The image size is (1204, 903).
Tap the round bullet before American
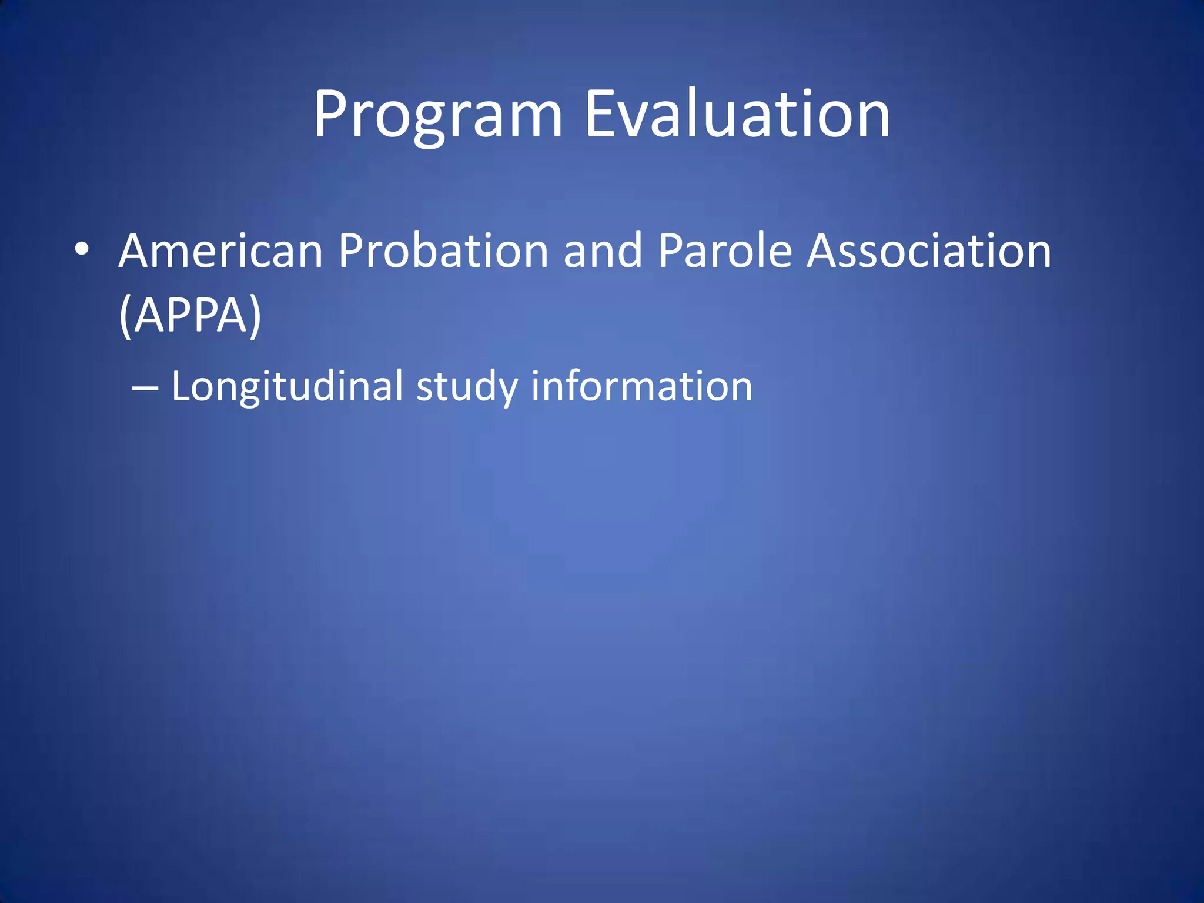pyautogui.click(x=82, y=250)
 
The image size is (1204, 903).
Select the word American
pyautogui.click(x=220, y=251)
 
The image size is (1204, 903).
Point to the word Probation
pyautogui.click(x=443, y=251)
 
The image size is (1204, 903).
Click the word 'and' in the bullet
pyautogui.click(x=603, y=251)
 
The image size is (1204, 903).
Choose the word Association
pyautogui.click(x=929, y=251)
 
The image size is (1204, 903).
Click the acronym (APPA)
pyautogui.click(x=190, y=316)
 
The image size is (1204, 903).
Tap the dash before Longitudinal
pyautogui.click(x=145, y=388)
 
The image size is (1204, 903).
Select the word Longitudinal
pyautogui.click(x=287, y=388)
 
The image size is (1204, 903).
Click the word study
pyautogui.click(x=467, y=388)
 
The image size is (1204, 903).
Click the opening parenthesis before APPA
pyautogui.click(x=125, y=316)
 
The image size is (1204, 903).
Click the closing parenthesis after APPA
pyautogui.click(x=255, y=316)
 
